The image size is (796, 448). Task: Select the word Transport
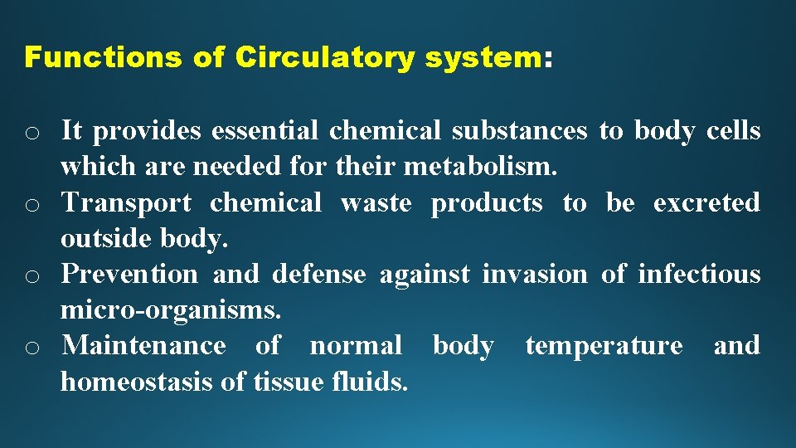click(126, 202)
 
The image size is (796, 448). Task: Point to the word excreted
click(706, 202)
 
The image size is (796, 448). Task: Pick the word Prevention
click(130, 274)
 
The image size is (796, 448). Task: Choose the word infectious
click(698, 274)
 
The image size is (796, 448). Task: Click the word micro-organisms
click(171, 310)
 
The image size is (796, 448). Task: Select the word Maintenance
click(143, 345)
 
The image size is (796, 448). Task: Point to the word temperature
click(604, 345)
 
